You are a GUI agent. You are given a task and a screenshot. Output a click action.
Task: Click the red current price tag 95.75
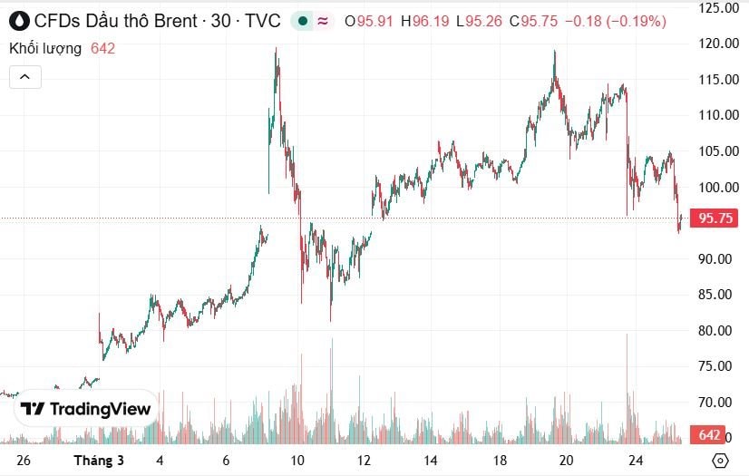pos(715,219)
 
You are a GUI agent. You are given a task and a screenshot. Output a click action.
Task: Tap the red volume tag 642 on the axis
pos(709,436)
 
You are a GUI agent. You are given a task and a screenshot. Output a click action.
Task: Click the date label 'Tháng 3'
pos(98,461)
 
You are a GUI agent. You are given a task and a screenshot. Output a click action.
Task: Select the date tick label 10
pos(297,461)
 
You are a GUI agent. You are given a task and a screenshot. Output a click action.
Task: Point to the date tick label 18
pos(500,461)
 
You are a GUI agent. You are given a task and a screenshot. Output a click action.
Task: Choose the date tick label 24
pos(636,461)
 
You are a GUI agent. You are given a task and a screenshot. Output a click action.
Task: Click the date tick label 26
pos(24,461)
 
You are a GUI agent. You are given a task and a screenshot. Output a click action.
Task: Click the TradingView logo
pos(86,410)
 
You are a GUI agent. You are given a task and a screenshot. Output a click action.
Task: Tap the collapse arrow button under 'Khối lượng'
pos(25,78)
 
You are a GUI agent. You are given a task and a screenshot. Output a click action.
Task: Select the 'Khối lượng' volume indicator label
pos(45,49)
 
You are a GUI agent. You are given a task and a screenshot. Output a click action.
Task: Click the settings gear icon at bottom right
pos(719,461)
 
